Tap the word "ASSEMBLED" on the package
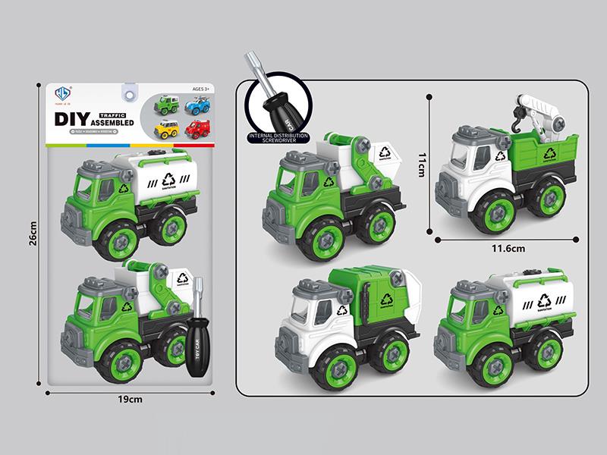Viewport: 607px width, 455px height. pyautogui.click(x=112, y=122)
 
